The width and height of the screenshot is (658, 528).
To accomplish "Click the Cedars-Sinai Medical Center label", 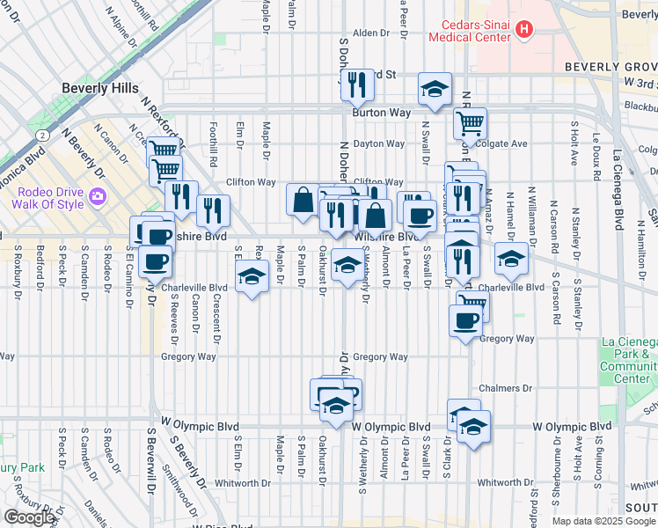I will (470, 31).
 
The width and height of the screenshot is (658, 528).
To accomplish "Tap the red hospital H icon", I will (525, 30).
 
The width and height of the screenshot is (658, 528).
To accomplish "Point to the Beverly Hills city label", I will (99, 88).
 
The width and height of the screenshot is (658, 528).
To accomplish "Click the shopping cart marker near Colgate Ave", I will (471, 123).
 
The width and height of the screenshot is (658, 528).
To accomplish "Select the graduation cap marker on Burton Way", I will (434, 88).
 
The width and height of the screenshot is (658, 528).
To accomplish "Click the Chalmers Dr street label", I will (507, 388).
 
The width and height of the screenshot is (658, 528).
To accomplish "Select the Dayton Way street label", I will (379, 143).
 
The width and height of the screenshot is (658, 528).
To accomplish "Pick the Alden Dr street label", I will (370, 33).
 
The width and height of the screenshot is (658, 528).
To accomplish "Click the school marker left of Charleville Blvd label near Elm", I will (252, 278).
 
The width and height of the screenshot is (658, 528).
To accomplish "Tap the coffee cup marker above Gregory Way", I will (465, 319).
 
